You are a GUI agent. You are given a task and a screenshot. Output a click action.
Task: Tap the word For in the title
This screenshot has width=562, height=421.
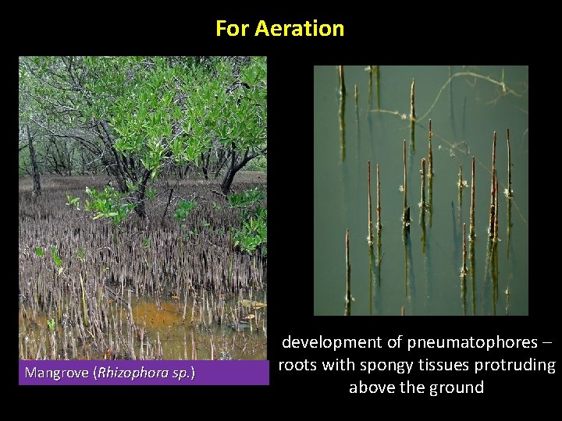(x=231, y=29)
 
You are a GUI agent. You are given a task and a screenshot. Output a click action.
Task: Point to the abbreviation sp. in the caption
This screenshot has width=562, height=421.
(x=180, y=373)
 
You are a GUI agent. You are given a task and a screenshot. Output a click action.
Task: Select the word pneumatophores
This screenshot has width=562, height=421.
(x=472, y=342)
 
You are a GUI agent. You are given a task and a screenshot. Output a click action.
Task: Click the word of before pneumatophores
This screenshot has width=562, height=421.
(x=397, y=342)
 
